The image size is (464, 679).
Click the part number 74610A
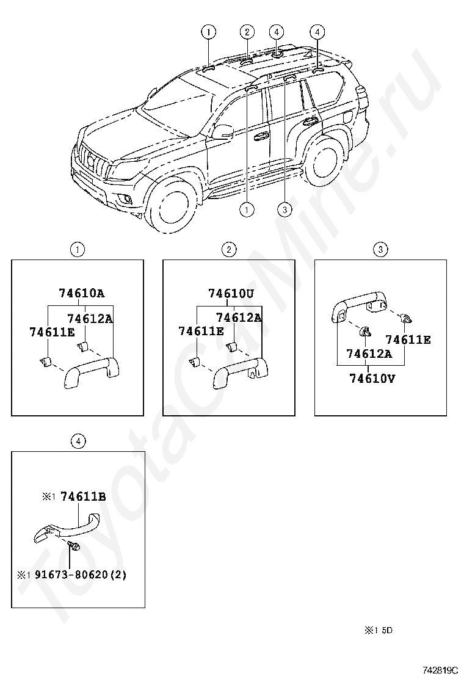tap(81, 292)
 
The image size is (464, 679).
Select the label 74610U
tap(231, 292)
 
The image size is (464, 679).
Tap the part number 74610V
tap(372, 378)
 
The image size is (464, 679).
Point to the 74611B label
tap(82, 496)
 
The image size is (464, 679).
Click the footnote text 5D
tap(387, 630)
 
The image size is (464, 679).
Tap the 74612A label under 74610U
tap(238, 318)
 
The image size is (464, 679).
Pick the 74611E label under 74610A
tap(52, 332)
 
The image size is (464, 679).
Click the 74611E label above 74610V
tap(407, 340)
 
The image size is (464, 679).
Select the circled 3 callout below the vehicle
tap(283, 209)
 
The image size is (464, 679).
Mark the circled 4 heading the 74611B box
tap(77, 440)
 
